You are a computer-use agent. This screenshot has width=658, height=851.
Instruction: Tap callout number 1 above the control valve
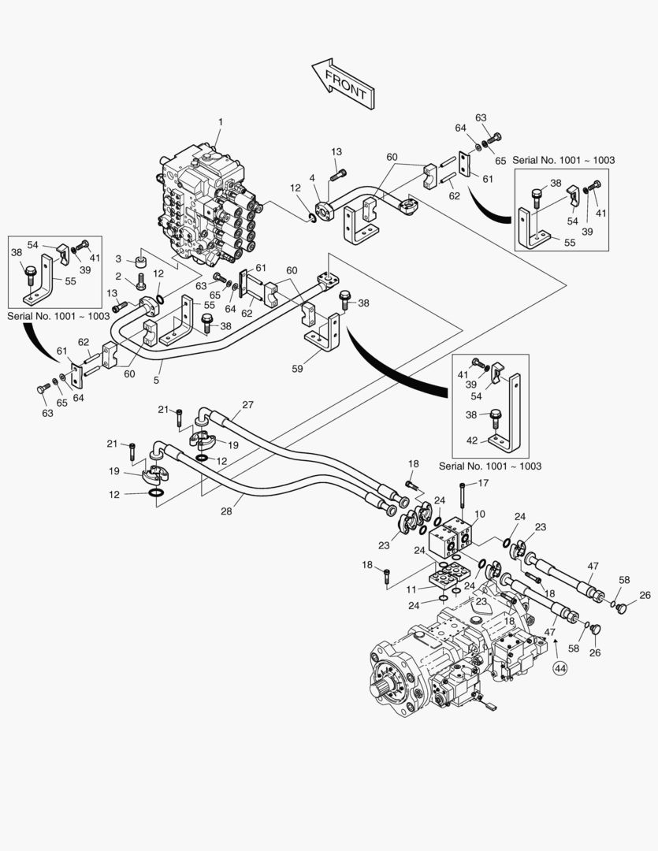click(221, 122)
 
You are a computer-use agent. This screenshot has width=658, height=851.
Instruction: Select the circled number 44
click(560, 668)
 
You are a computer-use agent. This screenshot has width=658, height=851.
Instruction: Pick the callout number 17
click(482, 484)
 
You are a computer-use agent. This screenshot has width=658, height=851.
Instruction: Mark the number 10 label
click(479, 515)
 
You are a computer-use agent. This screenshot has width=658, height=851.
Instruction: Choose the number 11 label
click(412, 589)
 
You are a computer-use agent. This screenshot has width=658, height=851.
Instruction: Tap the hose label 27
click(248, 405)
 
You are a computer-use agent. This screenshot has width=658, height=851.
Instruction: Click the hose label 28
click(226, 511)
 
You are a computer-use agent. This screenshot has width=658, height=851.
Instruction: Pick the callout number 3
click(118, 259)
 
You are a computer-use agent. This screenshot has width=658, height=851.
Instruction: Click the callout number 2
click(118, 277)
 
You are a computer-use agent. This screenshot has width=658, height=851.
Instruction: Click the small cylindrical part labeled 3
click(142, 260)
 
